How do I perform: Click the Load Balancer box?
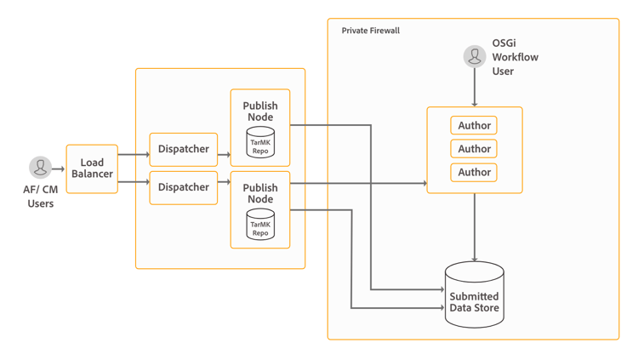(x=92, y=169)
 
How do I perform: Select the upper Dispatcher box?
(x=183, y=149)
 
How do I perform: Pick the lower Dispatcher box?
(x=183, y=187)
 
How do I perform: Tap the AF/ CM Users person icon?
(x=40, y=167)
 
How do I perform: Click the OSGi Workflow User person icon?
(x=475, y=56)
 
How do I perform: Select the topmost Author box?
(x=474, y=126)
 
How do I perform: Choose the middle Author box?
(x=474, y=149)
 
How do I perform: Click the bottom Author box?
(x=474, y=172)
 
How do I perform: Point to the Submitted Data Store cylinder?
(x=474, y=295)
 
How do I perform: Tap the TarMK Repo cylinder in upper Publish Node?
(x=260, y=142)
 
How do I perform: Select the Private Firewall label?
(x=371, y=31)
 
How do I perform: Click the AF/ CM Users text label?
(x=40, y=197)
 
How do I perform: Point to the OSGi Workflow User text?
(x=515, y=57)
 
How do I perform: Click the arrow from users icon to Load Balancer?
(x=59, y=169)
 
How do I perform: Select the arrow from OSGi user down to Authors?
(x=475, y=87)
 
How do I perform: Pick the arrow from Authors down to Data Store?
(x=475, y=227)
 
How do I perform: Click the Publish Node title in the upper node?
(x=260, y=111)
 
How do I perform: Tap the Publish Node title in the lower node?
(x=260, y=193)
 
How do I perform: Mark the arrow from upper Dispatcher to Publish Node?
(x=224, y=155)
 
